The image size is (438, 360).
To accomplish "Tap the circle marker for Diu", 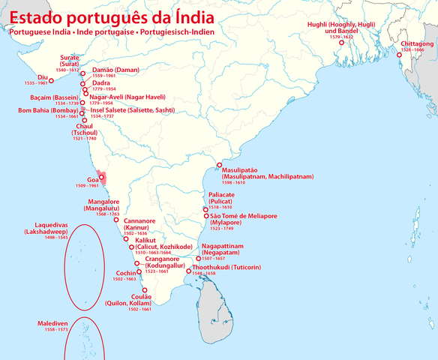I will [52, 80].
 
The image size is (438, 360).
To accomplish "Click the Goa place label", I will [93, 180].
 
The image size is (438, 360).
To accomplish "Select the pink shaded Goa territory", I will [105, 178].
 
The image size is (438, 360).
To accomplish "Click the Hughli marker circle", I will [342, 43].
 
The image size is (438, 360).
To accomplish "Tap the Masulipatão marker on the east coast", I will [218, 165].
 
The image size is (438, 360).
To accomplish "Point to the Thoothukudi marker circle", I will [189, 271].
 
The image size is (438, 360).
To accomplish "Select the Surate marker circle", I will [82, 74].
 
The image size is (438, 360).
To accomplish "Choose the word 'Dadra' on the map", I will [101, 82].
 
